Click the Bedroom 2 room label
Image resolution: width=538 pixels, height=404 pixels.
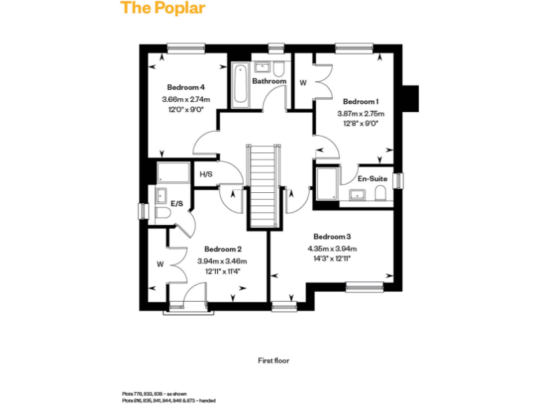point(223,249)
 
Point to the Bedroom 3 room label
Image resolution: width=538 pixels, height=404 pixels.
point(332,236)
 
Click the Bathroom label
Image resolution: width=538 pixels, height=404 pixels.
point(269,81)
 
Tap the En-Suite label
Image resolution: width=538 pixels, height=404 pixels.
point(373,178)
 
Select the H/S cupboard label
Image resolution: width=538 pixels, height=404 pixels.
point(206,175)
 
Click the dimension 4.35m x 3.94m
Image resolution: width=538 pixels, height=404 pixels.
point(332,248)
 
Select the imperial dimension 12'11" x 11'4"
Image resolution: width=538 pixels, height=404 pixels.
point(223,271)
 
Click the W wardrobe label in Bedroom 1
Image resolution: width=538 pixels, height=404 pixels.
point(303,82)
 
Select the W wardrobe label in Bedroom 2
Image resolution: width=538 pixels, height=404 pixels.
point(160,264)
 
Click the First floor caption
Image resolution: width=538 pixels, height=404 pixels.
point(273,361)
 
